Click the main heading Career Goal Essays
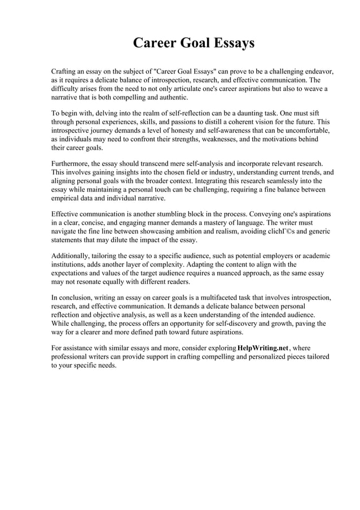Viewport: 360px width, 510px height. (x=194, y=43)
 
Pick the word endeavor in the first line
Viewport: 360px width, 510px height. (x=318, y=72)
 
